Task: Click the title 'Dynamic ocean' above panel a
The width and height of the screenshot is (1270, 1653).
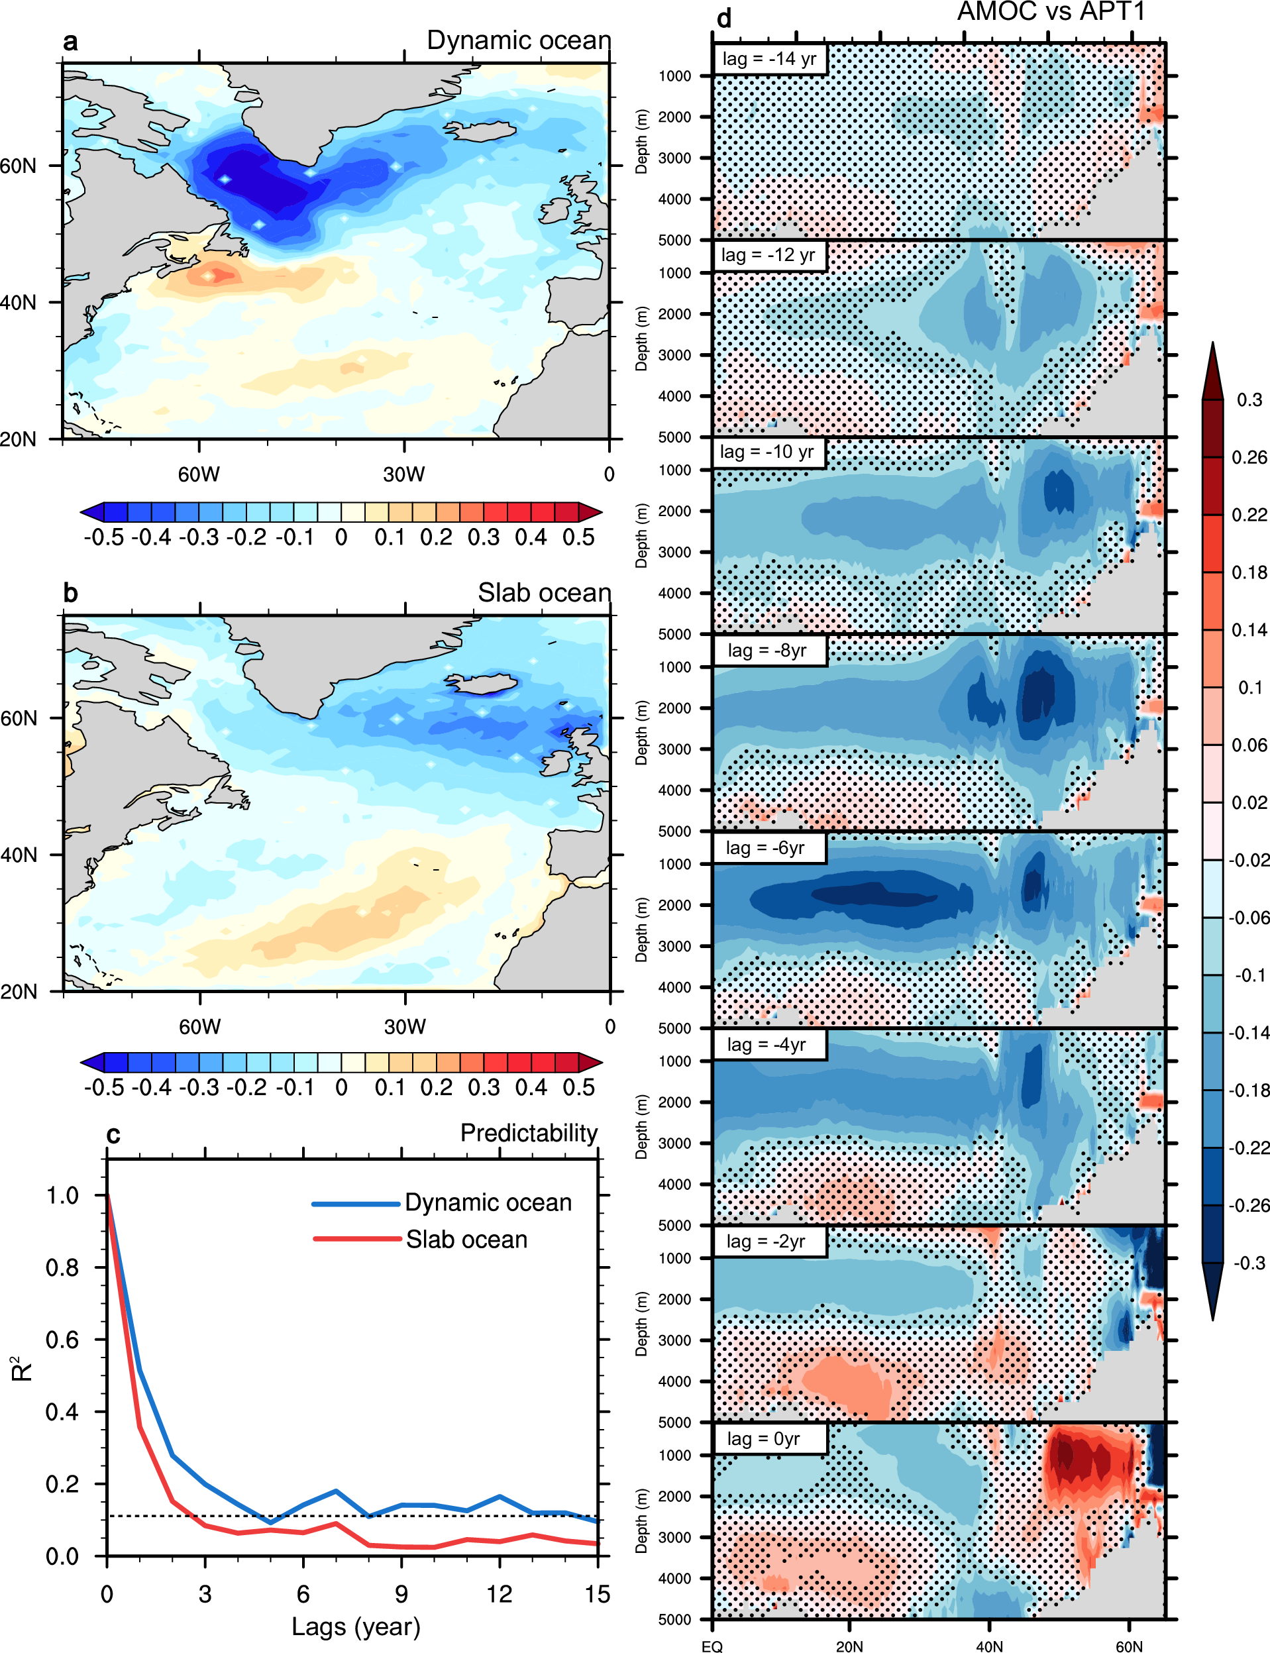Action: tap(519, 40)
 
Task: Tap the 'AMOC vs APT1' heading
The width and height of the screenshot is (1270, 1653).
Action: tap(1051, 11)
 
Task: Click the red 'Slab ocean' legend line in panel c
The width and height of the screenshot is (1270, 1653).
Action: tap(357, 1238)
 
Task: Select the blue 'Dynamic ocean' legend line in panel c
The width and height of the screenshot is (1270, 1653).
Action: tap(355, 1203)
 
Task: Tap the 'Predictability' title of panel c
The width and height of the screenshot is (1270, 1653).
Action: tap(529, 1133)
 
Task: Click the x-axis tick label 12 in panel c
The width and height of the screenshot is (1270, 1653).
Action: tap(499, 1594)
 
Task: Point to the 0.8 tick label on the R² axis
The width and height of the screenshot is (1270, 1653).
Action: tap(62, 1267)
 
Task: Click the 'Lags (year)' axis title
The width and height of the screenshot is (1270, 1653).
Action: tap(355, 1626)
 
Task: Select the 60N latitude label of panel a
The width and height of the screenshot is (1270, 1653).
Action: tap(18, 166)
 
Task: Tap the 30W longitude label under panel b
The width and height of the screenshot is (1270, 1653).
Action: tap(404, 1026)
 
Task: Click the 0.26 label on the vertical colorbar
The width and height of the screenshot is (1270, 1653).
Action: tap(1249, 457)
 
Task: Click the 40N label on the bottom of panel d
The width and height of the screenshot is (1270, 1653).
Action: tap(989, 1646)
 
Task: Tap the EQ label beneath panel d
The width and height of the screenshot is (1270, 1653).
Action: tap(712, 1646)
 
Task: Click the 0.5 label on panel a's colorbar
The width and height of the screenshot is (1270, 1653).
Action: tap(578, 537)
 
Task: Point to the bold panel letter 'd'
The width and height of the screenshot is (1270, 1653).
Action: tap(724, 18)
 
